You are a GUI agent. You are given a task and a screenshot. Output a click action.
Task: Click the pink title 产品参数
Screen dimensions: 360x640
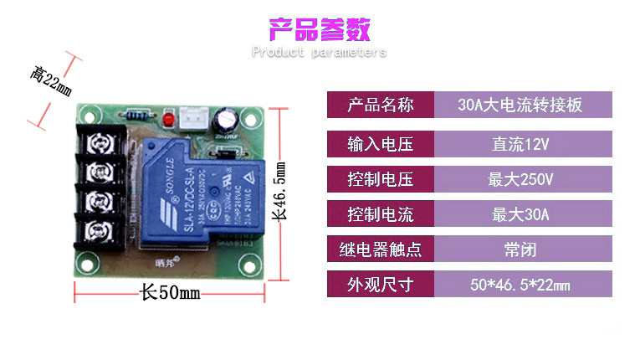point(319,28)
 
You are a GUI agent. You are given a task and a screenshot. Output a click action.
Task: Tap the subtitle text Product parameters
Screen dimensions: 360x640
point(319,52)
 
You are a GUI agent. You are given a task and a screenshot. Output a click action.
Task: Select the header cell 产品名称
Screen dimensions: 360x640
point(381,105)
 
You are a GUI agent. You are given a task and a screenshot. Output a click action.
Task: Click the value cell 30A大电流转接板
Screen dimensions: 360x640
point(520,105)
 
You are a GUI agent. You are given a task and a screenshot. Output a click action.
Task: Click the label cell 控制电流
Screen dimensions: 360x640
point(381,214)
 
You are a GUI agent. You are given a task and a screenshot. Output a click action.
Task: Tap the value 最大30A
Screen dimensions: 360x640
point(520,214)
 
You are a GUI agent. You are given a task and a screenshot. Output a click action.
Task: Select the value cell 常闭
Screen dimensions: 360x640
point(520,249)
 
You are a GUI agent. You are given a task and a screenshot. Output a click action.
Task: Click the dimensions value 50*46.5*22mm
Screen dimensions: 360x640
point(520,285)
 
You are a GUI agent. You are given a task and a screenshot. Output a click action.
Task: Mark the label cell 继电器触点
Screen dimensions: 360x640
point(381,249)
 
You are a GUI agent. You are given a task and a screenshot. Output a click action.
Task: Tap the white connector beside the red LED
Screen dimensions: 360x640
point(192,119)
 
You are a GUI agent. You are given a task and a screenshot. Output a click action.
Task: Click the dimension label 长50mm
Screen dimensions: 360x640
point(170,293)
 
